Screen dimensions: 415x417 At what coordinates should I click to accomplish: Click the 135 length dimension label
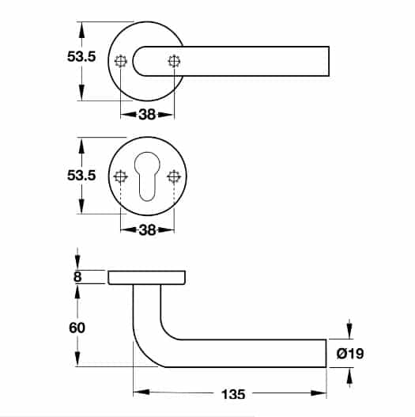click(233, 394)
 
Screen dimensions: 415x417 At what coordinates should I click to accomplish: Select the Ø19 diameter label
click(350, 354)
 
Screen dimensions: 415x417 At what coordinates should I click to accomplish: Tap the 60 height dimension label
click(77, 328)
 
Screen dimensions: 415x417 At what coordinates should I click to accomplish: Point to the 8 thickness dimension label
click(77, 277)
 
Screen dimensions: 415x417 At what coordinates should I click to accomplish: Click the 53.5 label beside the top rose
click(81, 57)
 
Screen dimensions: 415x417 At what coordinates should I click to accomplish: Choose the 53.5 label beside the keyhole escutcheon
click(81, 176)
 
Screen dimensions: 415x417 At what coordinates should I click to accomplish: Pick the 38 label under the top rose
click(147, 115)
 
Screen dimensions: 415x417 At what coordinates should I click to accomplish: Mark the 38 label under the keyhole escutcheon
click(147, 230)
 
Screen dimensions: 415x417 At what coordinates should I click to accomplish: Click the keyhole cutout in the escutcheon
click(148, 176)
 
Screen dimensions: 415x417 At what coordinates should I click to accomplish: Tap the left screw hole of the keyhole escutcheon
click(121, 176)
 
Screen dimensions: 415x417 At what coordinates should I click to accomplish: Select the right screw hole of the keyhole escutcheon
click(174, 176)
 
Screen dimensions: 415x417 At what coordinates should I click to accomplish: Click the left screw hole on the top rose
click(121, 61)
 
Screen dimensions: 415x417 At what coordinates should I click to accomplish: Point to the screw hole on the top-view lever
click(174, 61)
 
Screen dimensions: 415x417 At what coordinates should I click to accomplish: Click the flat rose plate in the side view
click(147, 278)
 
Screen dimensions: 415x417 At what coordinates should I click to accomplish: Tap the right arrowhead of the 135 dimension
click(319, 392)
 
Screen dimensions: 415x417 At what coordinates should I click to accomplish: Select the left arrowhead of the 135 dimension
click(141, 392)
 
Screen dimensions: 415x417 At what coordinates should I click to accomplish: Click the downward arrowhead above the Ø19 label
click(349, 331)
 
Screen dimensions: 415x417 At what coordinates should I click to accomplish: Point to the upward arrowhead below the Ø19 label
click(349, 376)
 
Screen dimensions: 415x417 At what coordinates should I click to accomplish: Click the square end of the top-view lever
click(329, 61)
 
